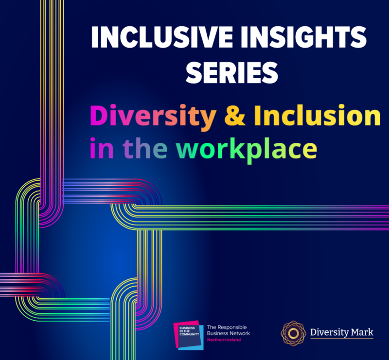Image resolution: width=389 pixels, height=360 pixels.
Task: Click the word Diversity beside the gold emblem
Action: (x=328, y=332)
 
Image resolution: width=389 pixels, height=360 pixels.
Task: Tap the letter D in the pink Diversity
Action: (x=98, y=117)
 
